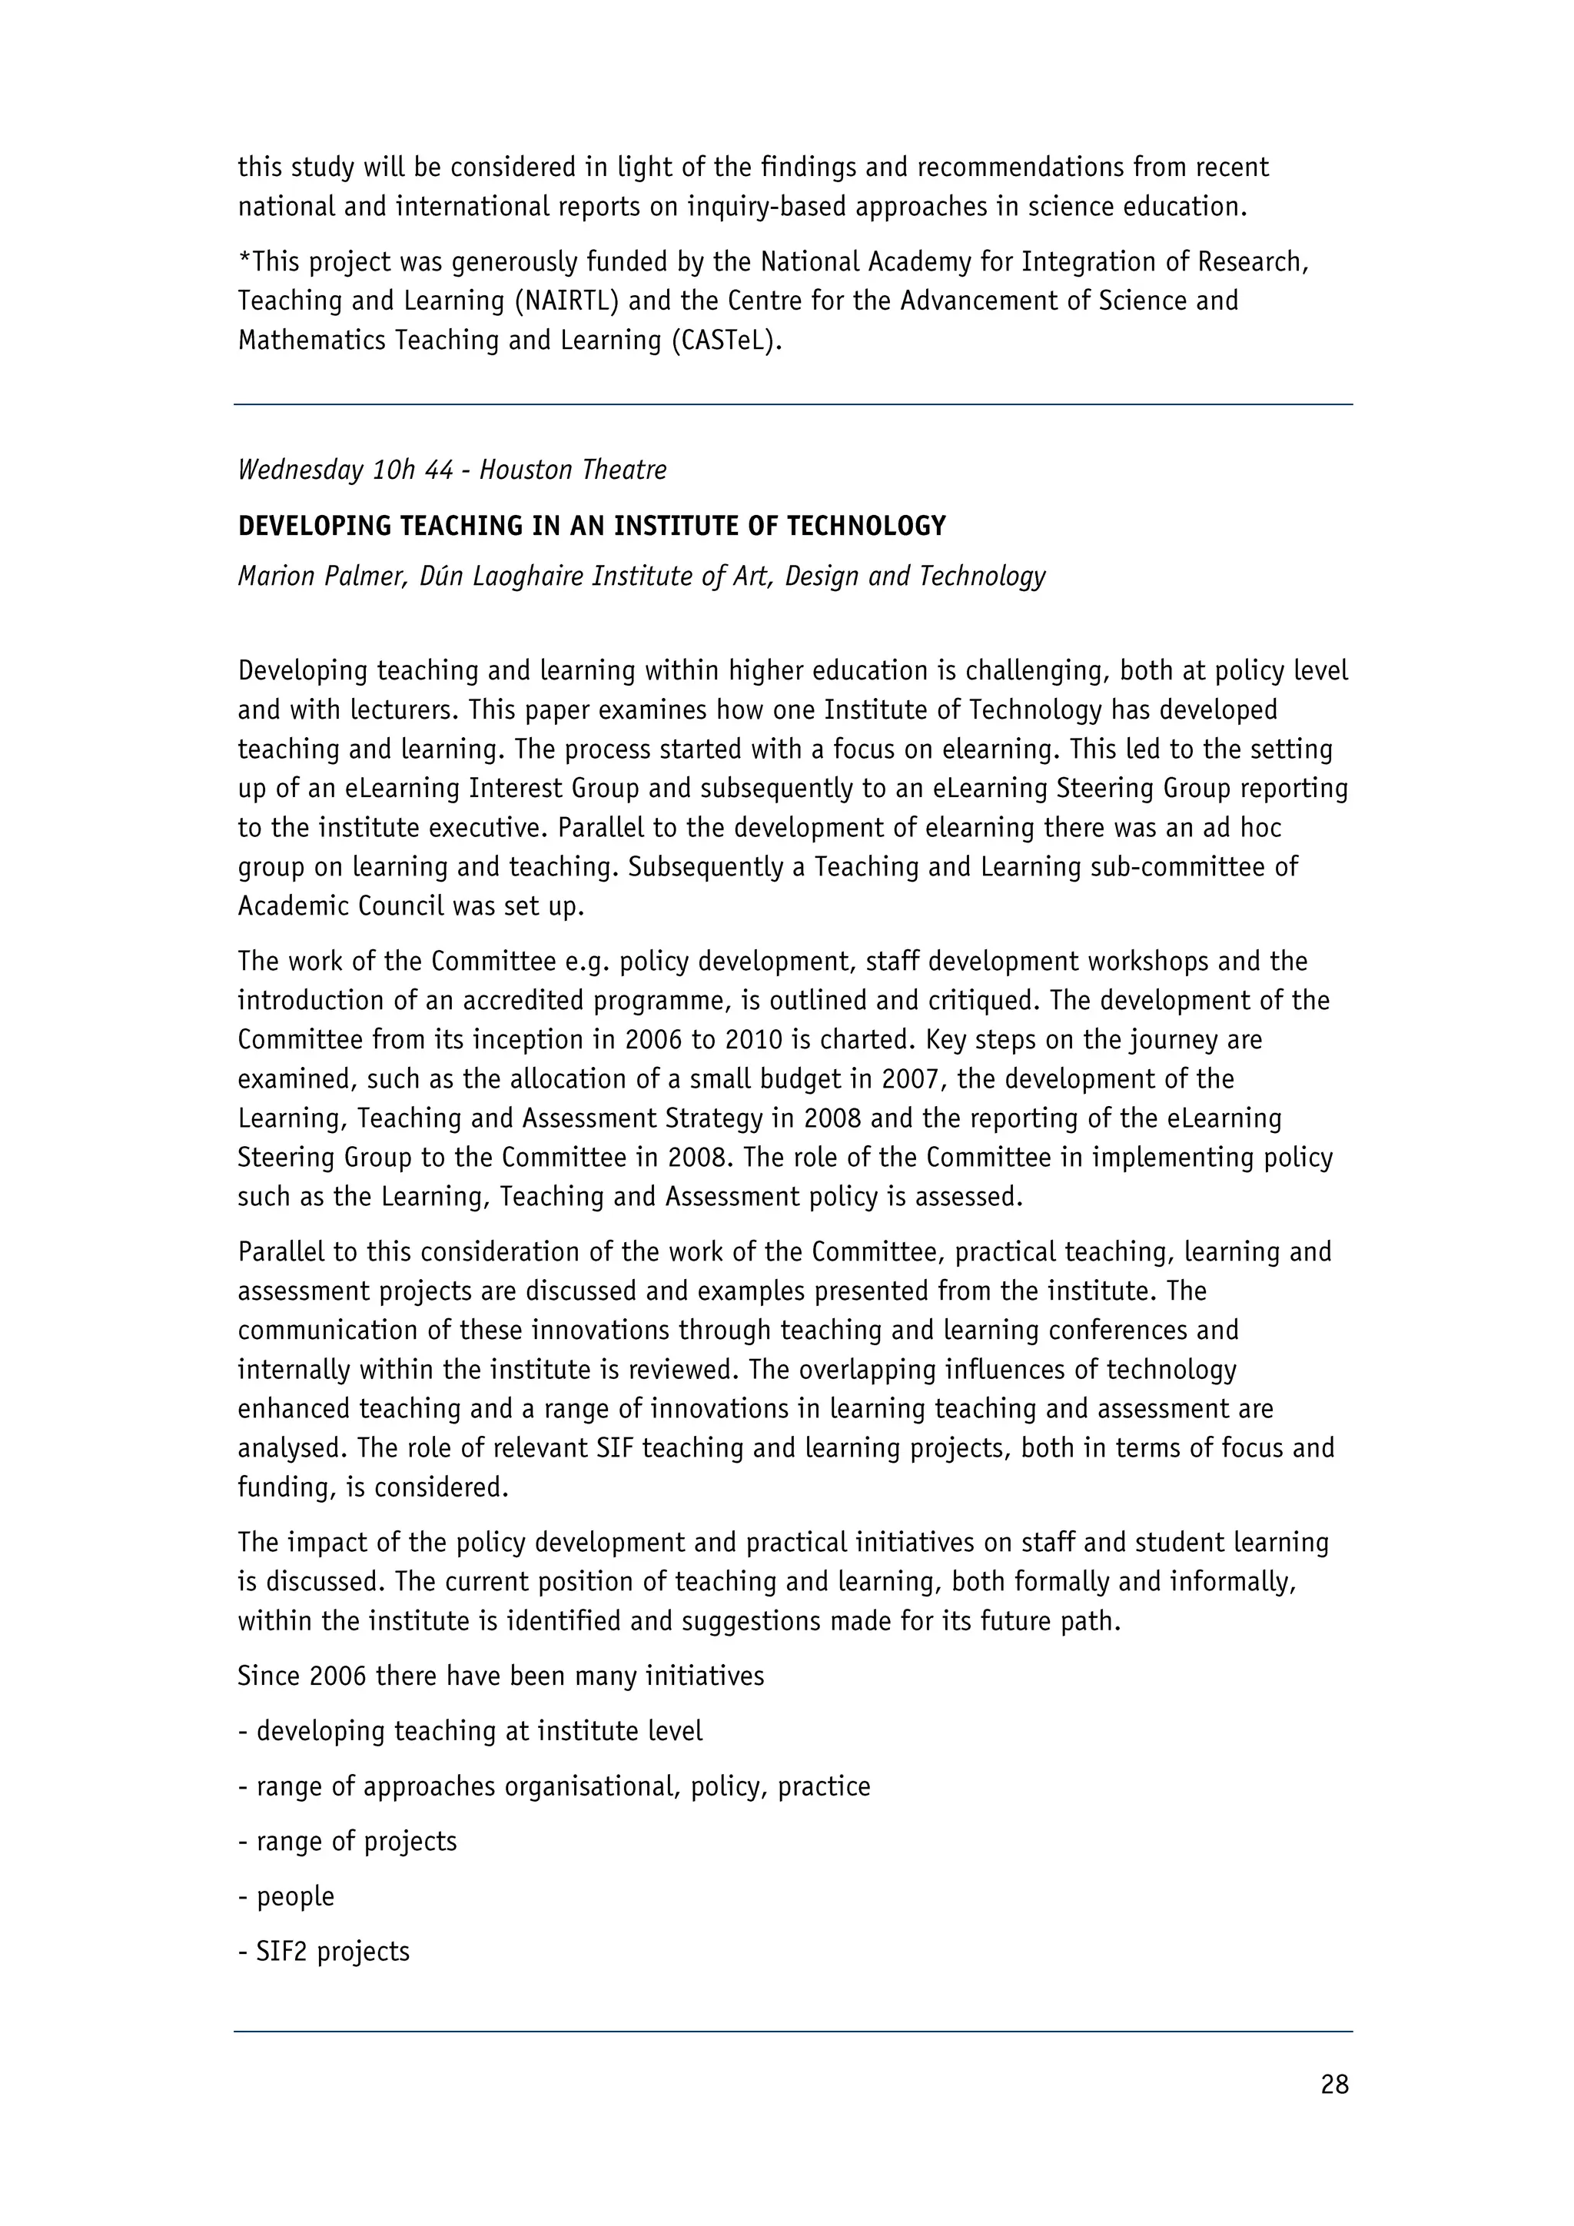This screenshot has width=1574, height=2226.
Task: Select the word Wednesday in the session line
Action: [x=301, y=470]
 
